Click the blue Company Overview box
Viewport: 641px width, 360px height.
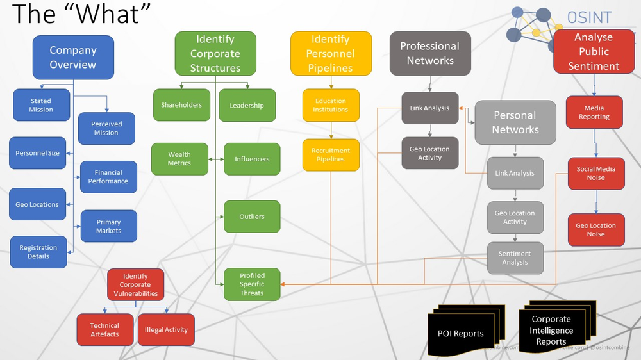pos(72,58)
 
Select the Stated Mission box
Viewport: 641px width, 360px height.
pos(41,105)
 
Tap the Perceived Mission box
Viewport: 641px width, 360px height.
pos(106,128)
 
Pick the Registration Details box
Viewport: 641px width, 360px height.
pos(38,252)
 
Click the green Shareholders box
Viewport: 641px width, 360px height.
pos(181,105)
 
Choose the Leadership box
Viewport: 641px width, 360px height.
pos(247,106)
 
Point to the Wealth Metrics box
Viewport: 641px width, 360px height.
pos(179,159)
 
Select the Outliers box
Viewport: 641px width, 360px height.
pos(252,217)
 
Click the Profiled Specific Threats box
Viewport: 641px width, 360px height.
pos(252,284)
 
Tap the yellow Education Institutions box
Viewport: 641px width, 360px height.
pos(331,105)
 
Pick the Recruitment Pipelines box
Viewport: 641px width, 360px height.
pos(331,155)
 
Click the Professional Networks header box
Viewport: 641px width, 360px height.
pos(430,54)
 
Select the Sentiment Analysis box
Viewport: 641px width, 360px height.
pos(515,258)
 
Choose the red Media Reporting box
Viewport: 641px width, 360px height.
pos(594,113)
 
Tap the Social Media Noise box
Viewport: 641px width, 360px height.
pos(595,174)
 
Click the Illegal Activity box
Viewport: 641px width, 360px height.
pos(166,330)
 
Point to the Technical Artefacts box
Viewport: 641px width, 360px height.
pos(104,330)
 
